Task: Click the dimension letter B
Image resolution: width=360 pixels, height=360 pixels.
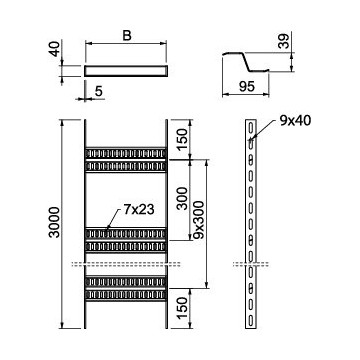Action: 127,35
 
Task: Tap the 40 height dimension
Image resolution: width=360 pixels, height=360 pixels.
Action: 56,49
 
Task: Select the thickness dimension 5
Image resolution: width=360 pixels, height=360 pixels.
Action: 99,91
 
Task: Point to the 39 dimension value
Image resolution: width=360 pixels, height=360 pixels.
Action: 284,41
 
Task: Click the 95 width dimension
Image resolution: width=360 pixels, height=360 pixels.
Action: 247,86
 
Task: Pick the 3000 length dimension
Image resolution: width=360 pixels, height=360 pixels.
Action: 54,222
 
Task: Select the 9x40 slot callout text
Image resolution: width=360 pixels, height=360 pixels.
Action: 295,121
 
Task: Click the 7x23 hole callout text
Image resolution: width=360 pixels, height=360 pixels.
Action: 139,210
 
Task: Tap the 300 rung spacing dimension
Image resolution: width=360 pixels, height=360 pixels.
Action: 182,198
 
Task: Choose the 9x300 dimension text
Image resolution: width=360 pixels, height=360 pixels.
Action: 198,220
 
